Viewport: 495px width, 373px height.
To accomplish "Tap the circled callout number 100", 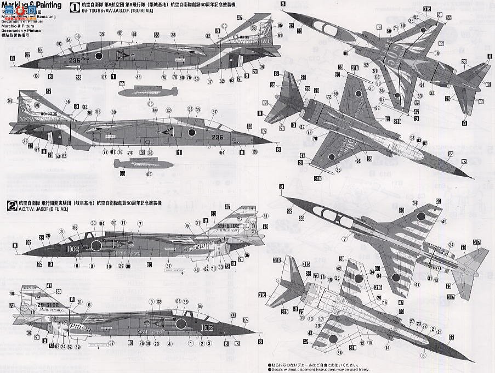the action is (59, 43).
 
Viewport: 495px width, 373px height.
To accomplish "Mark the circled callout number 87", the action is (214, 111).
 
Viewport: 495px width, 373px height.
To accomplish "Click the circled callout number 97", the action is (209, 82).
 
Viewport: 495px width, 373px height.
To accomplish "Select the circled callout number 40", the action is (12, 293).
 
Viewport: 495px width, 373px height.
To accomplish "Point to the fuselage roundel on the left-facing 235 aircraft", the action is (99, 56).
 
